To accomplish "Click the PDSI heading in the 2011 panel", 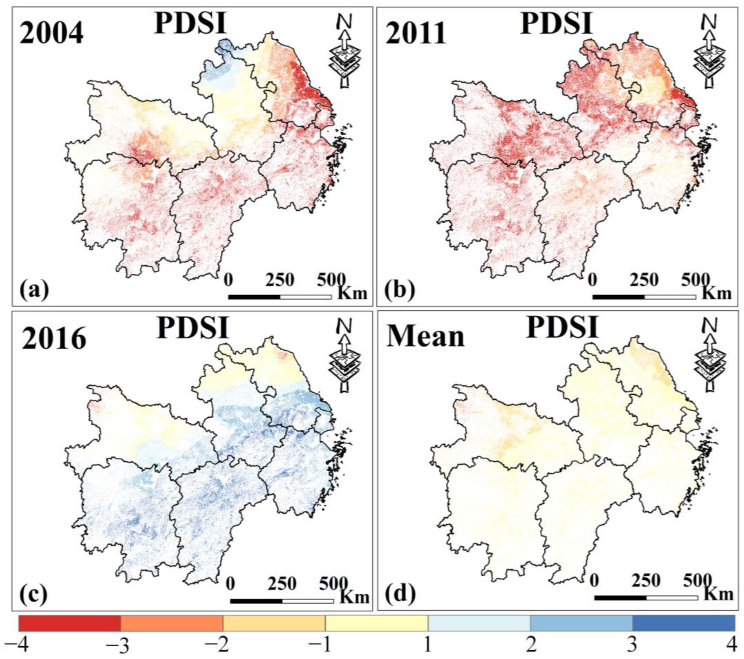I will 555,23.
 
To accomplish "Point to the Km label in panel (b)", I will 716,293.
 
